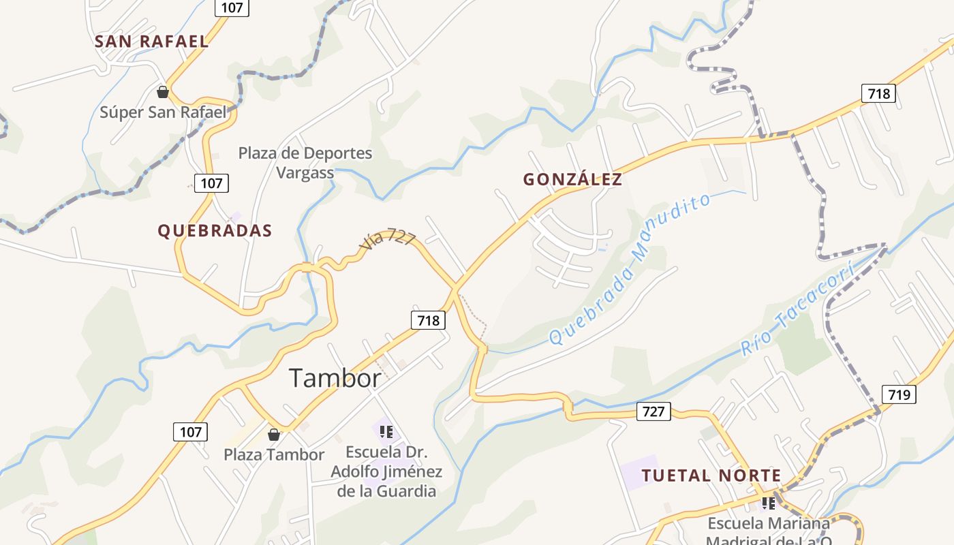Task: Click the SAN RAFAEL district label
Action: [x=151, y=41]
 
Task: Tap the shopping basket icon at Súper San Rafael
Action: [x=163, y=91]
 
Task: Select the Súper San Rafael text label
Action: [x=163, y=112]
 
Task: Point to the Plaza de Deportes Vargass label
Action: [x=305, y=163]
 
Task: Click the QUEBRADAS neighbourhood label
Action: [x=215, y=231]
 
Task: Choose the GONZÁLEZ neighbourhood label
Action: [x=572, y=179]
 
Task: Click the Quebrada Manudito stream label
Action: [x=630, y=269]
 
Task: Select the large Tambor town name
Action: [x=335, y=377]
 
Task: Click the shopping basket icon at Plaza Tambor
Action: [x=274, y=435]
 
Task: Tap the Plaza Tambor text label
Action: [x=274, y=454]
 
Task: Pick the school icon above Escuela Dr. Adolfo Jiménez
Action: [x=386, y=431]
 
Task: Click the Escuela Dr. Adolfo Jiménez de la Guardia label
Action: [x=386, y=471]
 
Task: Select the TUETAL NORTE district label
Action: [x=711, y=476]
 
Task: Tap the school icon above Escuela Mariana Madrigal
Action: [x=769, y=503]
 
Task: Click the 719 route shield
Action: [x=899, y=394]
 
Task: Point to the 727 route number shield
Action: [x=653, y=411]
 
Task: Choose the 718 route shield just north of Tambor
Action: [x=428, y=320]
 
